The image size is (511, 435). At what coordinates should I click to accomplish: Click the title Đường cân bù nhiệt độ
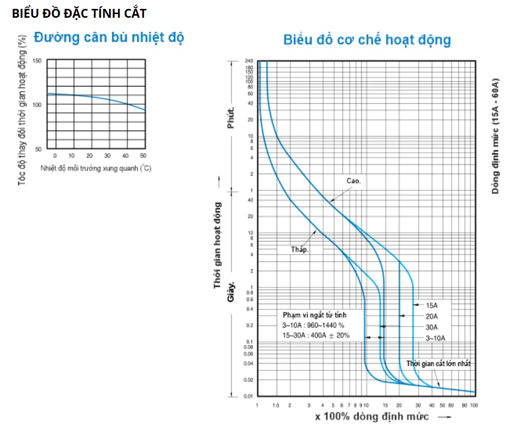[x=109, y=38]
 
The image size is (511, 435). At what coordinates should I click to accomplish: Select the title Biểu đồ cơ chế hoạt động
[x=367, y=40]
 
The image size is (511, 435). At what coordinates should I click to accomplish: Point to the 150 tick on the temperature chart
[x=37, y=61]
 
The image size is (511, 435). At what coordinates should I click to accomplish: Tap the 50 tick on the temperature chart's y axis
[x=39, y=149]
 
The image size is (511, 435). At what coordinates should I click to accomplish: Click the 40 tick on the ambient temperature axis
[x=125, y=156]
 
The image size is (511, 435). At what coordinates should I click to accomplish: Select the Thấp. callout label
[x=300, y=249]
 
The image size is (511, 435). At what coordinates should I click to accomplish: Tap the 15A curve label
[x=432, y=305]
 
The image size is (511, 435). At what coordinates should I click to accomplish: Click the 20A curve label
[x=432, y=316]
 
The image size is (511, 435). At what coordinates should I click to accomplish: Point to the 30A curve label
[x=432, y=327]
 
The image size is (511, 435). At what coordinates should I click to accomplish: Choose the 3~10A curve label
[x=435, y=338]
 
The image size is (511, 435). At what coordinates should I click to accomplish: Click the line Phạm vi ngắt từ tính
[x=314, y=315]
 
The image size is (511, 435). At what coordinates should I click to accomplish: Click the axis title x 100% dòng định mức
[x=372, y=416]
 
